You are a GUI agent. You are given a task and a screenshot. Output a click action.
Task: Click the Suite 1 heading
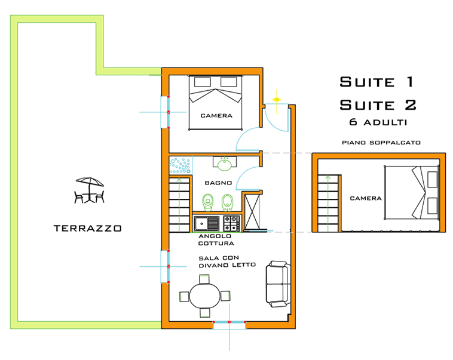377,82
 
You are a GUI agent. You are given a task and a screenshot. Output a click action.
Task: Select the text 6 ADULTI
378,122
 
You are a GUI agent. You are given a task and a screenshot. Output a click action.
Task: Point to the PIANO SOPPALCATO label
382,143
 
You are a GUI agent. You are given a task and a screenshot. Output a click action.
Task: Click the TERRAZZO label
87,228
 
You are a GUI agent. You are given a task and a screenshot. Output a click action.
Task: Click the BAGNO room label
214,183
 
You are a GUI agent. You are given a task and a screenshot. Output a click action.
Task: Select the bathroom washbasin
225,163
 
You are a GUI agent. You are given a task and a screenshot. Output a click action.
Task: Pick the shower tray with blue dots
180,165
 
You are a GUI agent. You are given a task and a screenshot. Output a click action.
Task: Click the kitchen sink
207,224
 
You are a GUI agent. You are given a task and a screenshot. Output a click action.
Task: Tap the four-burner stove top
231,224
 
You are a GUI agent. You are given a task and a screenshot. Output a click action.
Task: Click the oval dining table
204,296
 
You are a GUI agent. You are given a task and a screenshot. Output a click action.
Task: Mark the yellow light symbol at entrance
276,98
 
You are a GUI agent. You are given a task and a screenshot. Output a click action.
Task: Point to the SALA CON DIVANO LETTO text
227,261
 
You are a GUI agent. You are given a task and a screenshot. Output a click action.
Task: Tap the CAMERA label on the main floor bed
216,115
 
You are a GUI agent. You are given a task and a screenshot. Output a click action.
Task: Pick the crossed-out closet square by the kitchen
252,211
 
